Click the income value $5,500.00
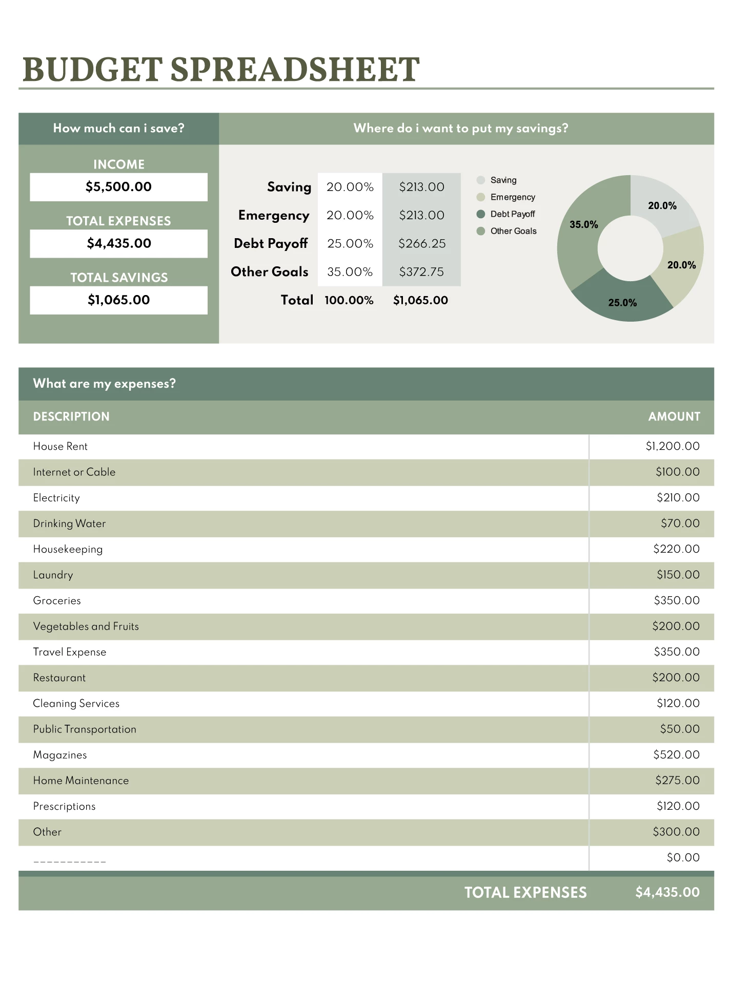(x=118, y=187)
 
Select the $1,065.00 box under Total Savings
(x=118, y=300)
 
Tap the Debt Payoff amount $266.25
(x=422, y=244)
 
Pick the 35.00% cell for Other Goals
(x=350, y=272)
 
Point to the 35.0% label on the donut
(x=584, y=224)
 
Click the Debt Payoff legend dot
(x=481, y=214)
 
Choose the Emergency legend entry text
(x=513, y=197)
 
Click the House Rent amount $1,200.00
(x=673, y=447)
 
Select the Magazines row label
(x=60, y=755)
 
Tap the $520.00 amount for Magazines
(x=676, y=755)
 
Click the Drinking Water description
(x=69, y=523)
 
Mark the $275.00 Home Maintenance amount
(x=677, y=781)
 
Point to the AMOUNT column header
(x=674, y=417)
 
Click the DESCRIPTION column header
(x=71, y=417)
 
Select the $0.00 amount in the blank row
(x=683, y=858)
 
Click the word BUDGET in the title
(x=92, y=70)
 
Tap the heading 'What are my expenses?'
(x=104, y=384)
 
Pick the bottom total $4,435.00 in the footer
(x=667, y=893)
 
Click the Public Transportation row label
(x=85, y=729)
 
